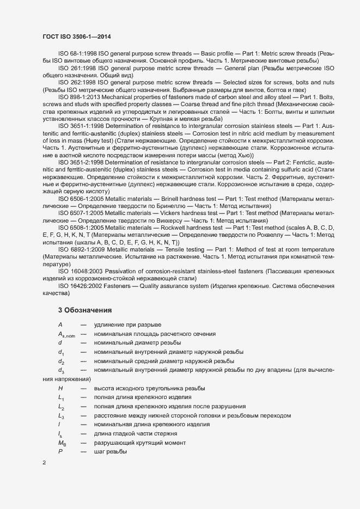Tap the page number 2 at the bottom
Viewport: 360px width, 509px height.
click(x=44, y=463)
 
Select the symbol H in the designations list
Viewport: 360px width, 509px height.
click(x=60, y=388)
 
